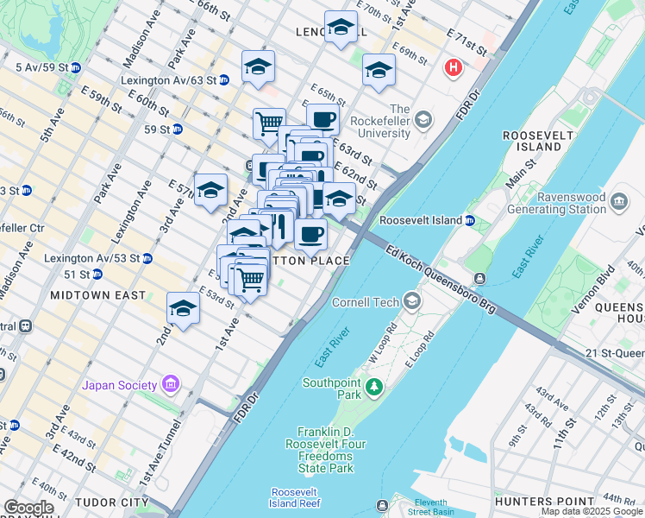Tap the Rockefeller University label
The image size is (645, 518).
coord(399,121)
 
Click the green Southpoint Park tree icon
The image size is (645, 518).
coord(373,386)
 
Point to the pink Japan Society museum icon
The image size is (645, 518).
coord(171,383)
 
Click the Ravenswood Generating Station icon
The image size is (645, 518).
coord(619,202)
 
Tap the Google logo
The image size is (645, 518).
coord(28,508)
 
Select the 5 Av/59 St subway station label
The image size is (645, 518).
coord(41,66)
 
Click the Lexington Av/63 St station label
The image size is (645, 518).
coord(167,79)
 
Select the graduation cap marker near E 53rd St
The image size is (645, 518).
coord(183,308)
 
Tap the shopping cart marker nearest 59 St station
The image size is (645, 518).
coord(269,123)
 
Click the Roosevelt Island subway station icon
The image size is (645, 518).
coord(470,220)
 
